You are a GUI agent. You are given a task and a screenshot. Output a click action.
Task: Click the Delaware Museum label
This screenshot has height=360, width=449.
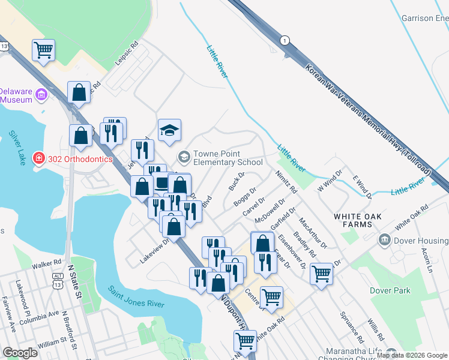pyautogui.click(x=16, y=95)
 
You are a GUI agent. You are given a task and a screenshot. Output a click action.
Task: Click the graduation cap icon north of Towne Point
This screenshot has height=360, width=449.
pyautogui.click(x=170, y=130)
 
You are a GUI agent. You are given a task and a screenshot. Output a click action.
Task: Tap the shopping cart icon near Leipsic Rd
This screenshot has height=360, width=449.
pyautogui.click(x=43, y=50)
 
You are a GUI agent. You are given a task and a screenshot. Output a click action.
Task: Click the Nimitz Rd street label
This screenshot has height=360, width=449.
pyautogui.click(x=286, y=181)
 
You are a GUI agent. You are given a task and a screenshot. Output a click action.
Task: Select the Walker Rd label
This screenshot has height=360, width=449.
pyautogui.click(x=47, y=263)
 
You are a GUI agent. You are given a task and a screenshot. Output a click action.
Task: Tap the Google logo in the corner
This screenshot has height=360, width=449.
pyautogui.click(x=20, y=353)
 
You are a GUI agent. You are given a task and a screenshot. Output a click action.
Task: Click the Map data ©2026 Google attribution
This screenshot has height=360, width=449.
pyautogui.click(x=412, y=355)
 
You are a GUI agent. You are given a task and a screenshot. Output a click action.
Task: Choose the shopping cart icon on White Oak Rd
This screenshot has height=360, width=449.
pyautogui.click(x=245, y=341)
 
